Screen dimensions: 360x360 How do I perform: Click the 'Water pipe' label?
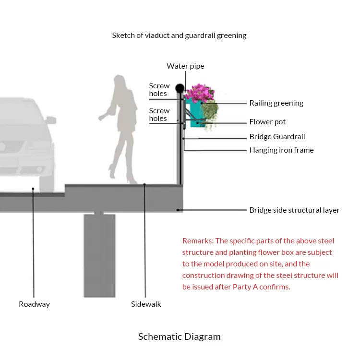tap(185, 66)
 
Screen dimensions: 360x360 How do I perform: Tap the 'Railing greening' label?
tap(276, 103)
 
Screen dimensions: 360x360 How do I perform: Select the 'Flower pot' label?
tap(267, 122)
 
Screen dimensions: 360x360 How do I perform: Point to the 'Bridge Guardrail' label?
tap(277, 137)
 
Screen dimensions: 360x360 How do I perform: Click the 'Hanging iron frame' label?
tap(281, 150)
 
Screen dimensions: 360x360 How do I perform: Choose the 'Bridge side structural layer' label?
tap(294, 210)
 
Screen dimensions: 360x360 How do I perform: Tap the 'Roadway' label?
tap(34, 304)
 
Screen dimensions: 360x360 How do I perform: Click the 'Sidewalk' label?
tap(146, 304)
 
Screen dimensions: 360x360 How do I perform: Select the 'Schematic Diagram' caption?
tap(180, 337)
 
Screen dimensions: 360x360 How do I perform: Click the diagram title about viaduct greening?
tap(179, 36)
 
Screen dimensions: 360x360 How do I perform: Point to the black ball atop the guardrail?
tap(180, 88)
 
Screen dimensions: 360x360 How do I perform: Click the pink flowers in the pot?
tap(200, 93)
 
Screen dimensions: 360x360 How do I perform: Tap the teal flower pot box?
tap(195, 112)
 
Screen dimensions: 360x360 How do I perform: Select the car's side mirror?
tap(51, 120)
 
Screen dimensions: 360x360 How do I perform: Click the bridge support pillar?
tap(100, 255)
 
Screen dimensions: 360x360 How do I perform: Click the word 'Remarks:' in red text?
tap(198, 241)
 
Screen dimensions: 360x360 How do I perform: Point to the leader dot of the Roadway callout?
tap(33, 189)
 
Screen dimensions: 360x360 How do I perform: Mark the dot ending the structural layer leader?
tap(178, 210)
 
